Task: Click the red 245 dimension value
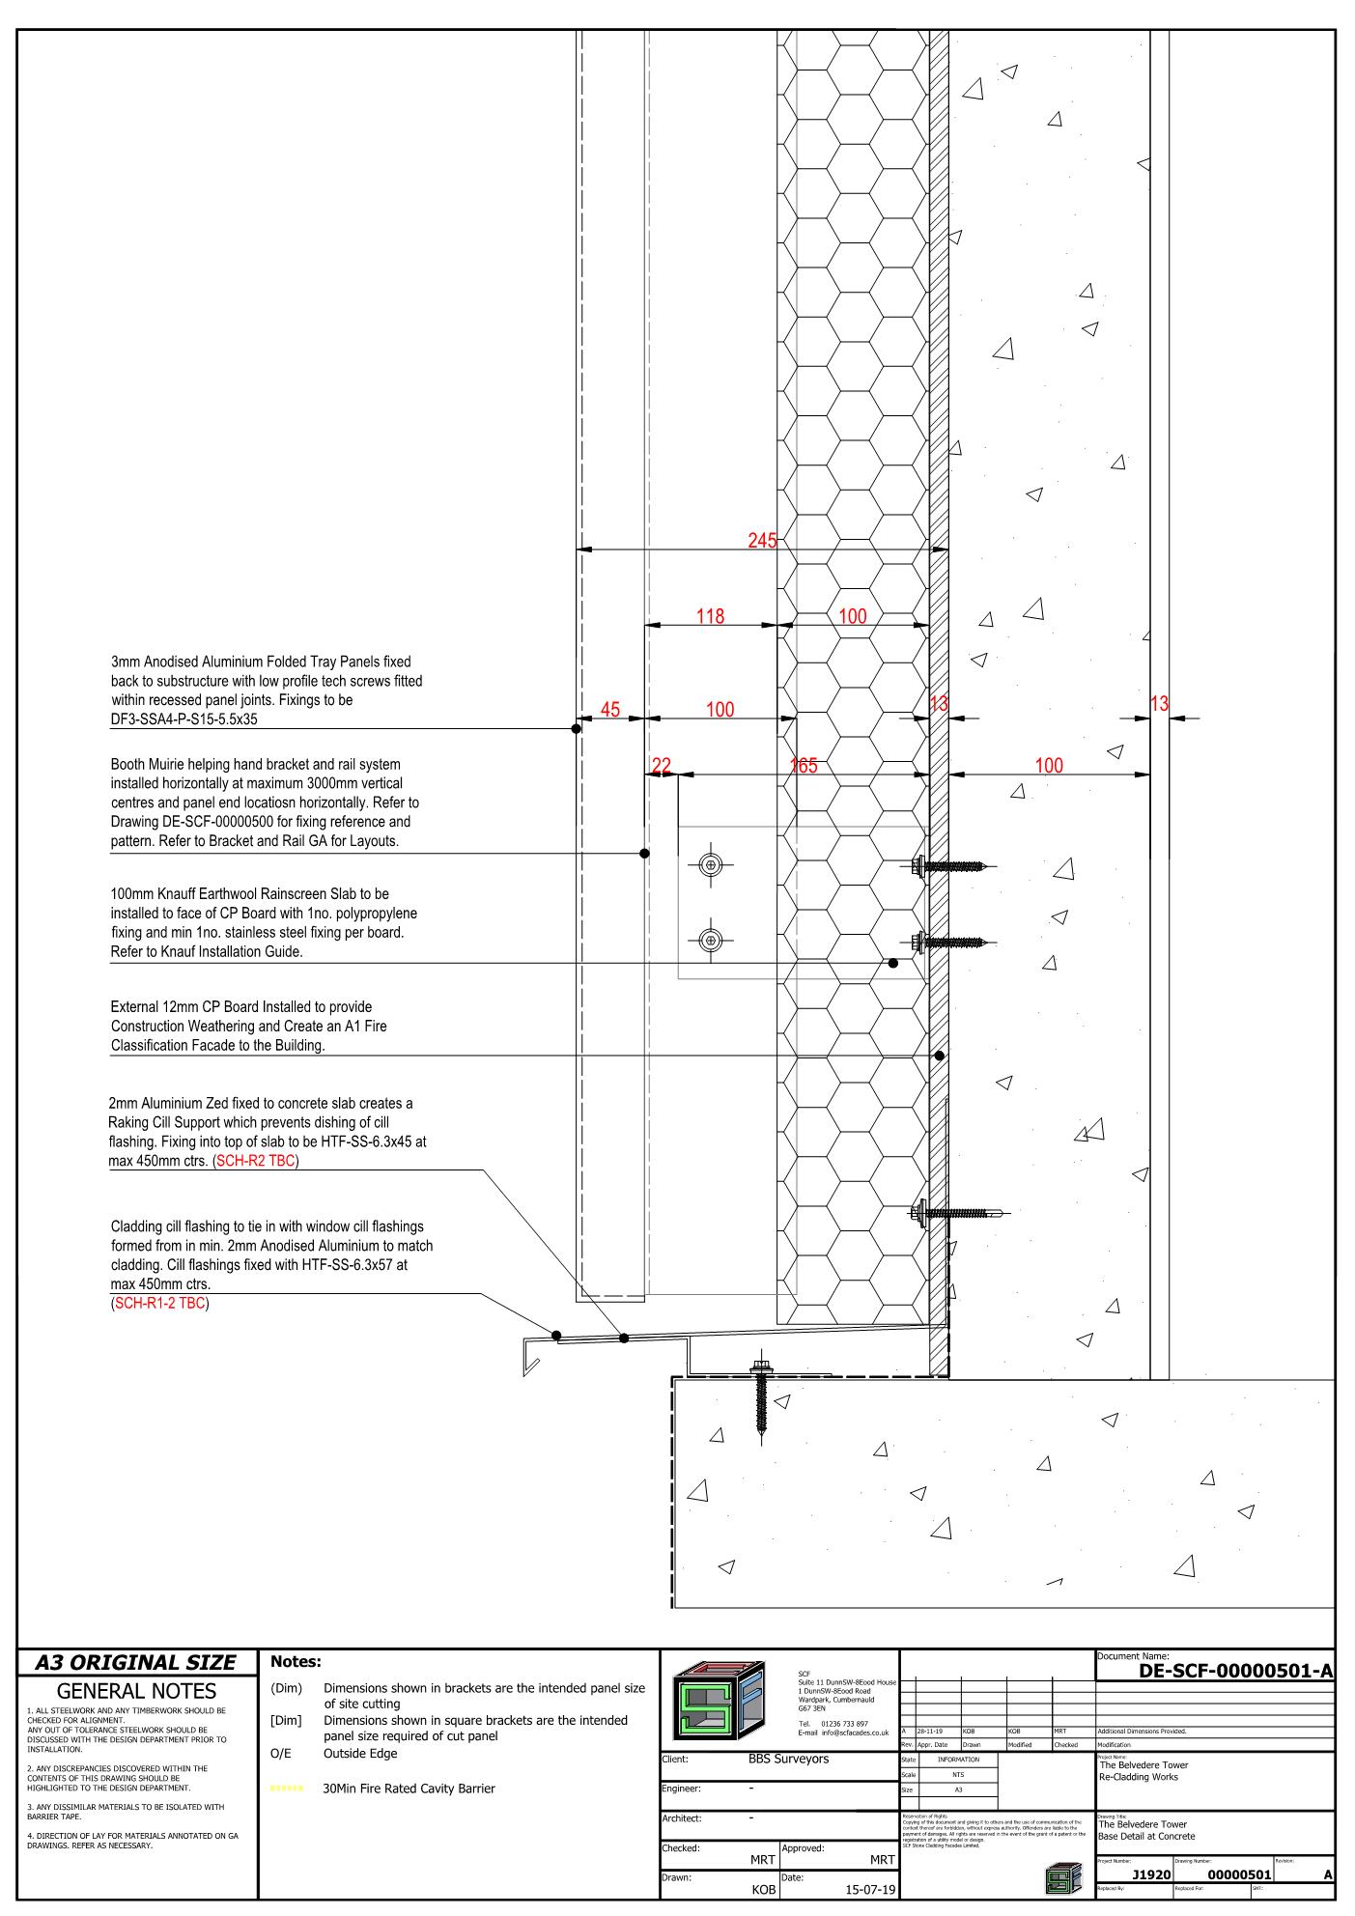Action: pos(762,541)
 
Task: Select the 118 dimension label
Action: pos(710,616)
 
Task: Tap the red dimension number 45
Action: pos(610,710)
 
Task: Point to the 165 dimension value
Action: pos(804,766)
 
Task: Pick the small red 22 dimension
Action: pos(661,766)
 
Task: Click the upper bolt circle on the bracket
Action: pos(711,865)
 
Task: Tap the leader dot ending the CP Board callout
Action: pos(939,1056)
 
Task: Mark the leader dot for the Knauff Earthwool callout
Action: pos(892,963)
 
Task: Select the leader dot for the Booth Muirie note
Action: pos(644,854)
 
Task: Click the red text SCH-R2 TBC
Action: pos(256,1161)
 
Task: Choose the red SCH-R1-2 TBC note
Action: pos(160,1304)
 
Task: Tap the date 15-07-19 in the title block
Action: pos(870,1890)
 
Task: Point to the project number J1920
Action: pos(1151,1874)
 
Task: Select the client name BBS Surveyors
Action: pos(788,1759)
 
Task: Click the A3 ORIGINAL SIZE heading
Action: pos(135,1662)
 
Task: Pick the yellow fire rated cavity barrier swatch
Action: pos(287,1789)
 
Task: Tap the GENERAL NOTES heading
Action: pos(136,1691)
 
